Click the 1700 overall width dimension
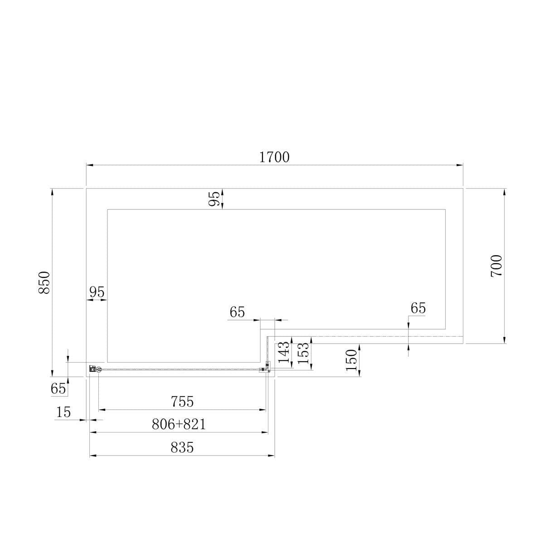(274, 157)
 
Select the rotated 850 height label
(44, 282)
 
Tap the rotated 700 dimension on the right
(496, 266)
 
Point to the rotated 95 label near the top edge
(214, 198)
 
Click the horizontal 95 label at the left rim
(97, 292)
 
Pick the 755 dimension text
(182, 402)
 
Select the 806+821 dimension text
(179, 424)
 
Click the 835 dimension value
(182, 447)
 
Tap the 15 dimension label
(63, 412)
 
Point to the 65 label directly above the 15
(58, 389)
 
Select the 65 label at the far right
(418, 308)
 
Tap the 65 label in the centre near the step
(237, 312)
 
